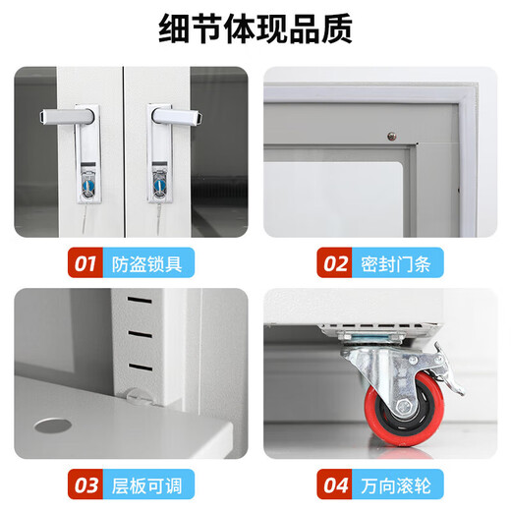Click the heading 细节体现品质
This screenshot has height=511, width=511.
[255, 29]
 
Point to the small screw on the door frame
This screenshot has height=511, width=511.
[390, 135]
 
